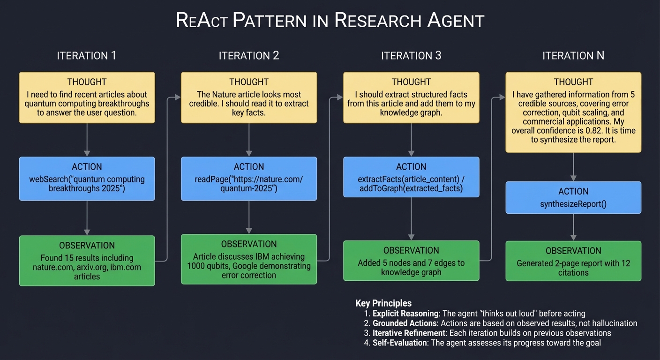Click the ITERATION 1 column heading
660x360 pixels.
87,56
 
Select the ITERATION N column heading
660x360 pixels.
573,56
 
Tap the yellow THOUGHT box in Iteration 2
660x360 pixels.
249,97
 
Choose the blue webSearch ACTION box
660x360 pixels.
87,179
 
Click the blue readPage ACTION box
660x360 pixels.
249,179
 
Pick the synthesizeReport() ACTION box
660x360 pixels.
573,197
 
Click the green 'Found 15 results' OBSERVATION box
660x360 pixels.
87,261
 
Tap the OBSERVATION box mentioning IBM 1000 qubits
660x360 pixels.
249,259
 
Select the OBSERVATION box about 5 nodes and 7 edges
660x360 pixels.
411,261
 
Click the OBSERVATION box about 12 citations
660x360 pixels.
573,261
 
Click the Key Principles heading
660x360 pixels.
383,303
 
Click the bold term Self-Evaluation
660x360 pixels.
400,343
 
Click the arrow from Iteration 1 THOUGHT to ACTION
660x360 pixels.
87,140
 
